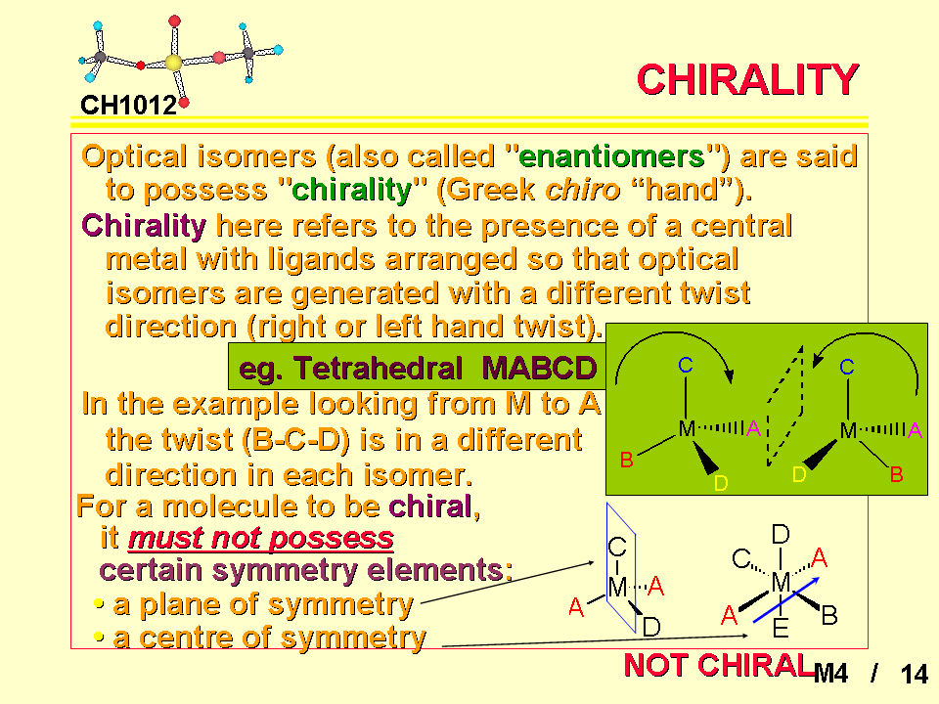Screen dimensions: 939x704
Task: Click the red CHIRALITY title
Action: pyautogui.click(x=748, y=79)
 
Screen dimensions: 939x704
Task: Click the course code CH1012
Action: pyautogui.click(x=128, y=106)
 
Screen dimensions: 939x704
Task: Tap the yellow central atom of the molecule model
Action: pyautogui.click(x=173, y=63)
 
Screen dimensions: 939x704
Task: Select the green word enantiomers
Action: pyautogui.click(x=611, y=156)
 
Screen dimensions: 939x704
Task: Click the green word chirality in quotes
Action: pyautogui.click(x=351, y=191)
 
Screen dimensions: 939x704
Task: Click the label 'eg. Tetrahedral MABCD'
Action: pyautogui.click(x=418, y=367)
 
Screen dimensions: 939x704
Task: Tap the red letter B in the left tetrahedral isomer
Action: pyautogui.click(x=626, y=460)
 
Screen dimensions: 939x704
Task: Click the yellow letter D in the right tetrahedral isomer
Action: pyautogui.click(x=799, y=474)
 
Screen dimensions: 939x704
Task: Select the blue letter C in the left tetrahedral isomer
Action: pyautogui.click(x=686, y=365)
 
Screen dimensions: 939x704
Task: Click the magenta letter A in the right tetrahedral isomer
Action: pyautogui.click(x=915, y=429)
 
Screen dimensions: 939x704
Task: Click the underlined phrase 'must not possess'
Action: pyautogui.click(x=261, y=538)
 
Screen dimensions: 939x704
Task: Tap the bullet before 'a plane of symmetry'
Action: pyautogui.click(x=100, y=604)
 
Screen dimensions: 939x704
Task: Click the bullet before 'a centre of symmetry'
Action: pyautogui.click(x=100, y=638)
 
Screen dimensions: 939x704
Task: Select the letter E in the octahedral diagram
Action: pyautogui.click(x=781, y=629)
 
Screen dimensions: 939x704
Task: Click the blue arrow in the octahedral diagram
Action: pyautogui.click(x=785, y=599)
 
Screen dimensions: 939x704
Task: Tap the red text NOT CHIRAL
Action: pyautogui.click(x=719, y=665)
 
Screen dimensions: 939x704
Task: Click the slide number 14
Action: pyautogui.click(x=915, y=674)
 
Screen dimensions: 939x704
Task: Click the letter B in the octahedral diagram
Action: pyautogui.click(x=829, y=615)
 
